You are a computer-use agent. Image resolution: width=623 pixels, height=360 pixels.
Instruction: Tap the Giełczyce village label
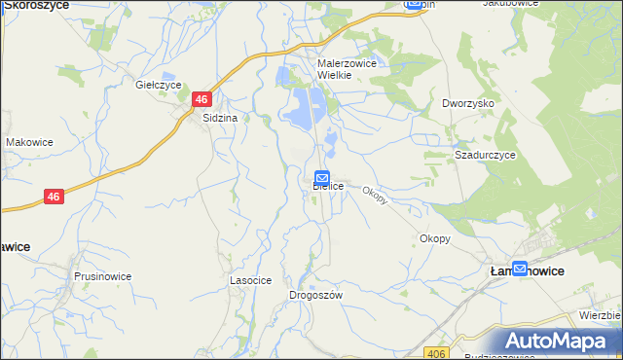coord(159,85)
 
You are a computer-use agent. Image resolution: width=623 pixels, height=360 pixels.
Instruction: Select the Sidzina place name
coord(220,118)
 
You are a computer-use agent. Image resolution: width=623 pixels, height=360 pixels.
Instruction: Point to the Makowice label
coord(28,142)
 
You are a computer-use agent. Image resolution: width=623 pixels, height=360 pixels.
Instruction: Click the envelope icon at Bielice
coord(322,176)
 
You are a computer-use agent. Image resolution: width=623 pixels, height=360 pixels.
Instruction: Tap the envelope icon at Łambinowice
coord(520,269)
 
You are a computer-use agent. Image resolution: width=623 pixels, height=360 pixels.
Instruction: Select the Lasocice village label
coord(249,279)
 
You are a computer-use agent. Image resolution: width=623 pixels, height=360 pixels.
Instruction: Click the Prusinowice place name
coord(102,276)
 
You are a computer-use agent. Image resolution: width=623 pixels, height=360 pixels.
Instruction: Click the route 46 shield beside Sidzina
coord(202,99)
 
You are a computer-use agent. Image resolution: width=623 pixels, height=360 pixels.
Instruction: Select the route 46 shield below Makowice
coord(55,197)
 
